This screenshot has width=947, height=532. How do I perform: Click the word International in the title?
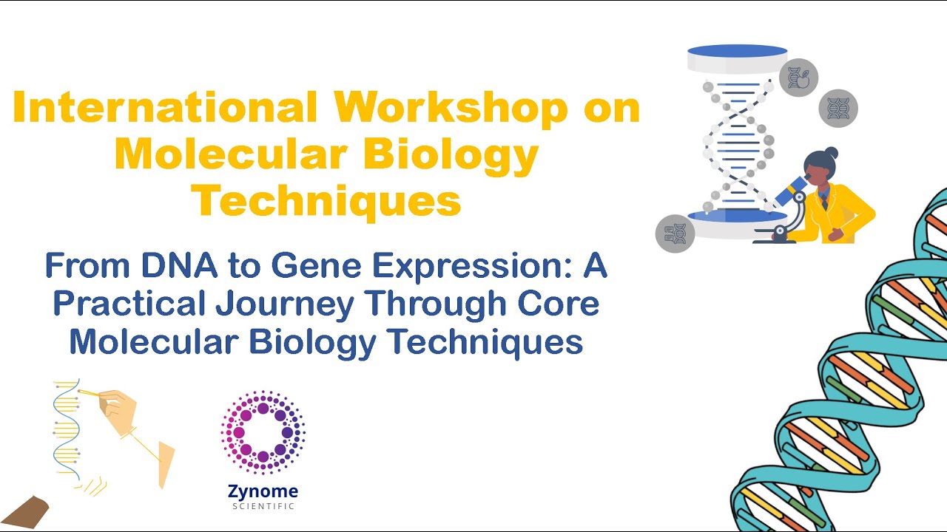point(166,108)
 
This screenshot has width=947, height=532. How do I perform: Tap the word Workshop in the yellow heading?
point(451,108)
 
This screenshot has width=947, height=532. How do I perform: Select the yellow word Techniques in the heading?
point(326,199)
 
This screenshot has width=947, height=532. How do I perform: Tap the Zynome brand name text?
point(263,491)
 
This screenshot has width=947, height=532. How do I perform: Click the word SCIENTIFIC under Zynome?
point(263,506)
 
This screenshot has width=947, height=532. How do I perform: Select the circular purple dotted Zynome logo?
point(263,433)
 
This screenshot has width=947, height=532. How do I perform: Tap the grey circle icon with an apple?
point(799,77)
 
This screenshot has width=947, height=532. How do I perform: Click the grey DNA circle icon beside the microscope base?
point(675,233)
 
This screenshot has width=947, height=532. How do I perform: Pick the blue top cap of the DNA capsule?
point(737,51)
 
